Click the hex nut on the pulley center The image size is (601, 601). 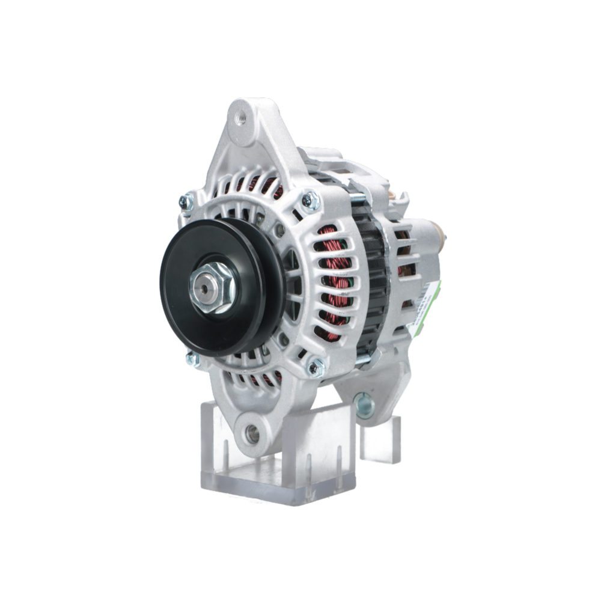[212, 287]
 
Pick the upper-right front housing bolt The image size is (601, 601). [311, 200]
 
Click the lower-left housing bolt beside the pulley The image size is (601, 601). [193, 359]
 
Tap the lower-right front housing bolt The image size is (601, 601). [316, 365]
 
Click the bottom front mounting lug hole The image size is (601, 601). [252, 434]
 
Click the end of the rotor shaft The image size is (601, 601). [205, 288]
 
